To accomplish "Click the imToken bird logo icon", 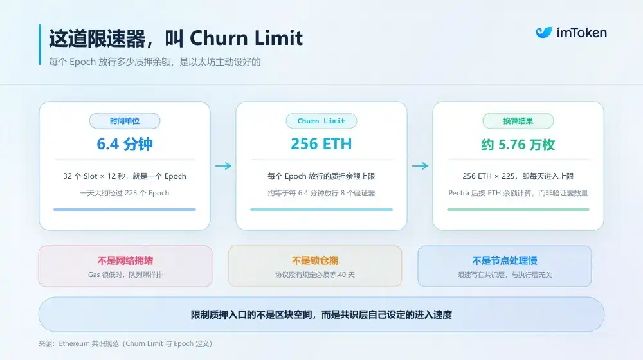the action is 544,32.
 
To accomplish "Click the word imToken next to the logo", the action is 581,33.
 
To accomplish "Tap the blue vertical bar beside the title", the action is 40,45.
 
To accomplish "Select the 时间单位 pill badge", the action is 125,121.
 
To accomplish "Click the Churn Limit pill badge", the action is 321,121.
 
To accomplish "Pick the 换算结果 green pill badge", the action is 518,121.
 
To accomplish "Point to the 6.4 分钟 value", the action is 125,144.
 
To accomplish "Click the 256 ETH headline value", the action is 321,144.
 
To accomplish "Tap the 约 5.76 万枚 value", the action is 518,145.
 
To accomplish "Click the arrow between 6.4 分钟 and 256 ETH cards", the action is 223,166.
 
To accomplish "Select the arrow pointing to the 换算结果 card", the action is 420,166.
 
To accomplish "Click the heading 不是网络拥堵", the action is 125,260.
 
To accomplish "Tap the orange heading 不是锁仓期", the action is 315,260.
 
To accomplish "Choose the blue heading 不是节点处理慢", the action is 505,260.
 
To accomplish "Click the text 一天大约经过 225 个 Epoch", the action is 125,193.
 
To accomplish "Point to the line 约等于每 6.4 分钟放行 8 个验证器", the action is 321,193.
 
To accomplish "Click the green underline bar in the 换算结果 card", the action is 518,210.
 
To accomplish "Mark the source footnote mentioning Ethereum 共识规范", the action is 125,343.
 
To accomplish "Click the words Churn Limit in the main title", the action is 246,38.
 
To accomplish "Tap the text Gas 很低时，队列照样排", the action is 125,274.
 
